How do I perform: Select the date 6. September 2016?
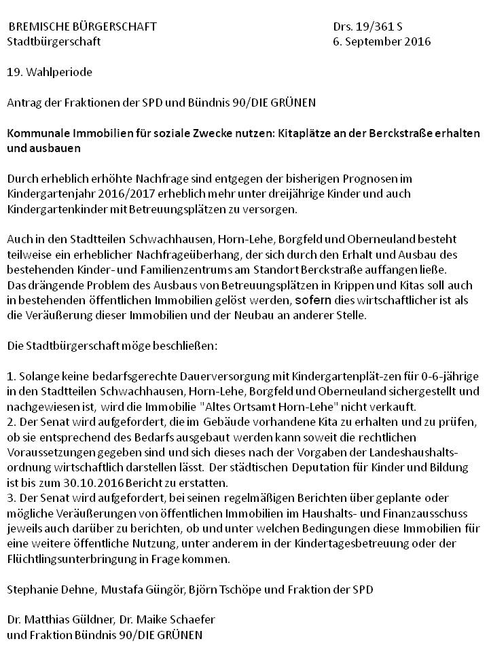382,41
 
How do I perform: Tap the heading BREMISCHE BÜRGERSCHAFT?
82,27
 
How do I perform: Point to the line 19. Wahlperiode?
50,71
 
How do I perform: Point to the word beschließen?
184,345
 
